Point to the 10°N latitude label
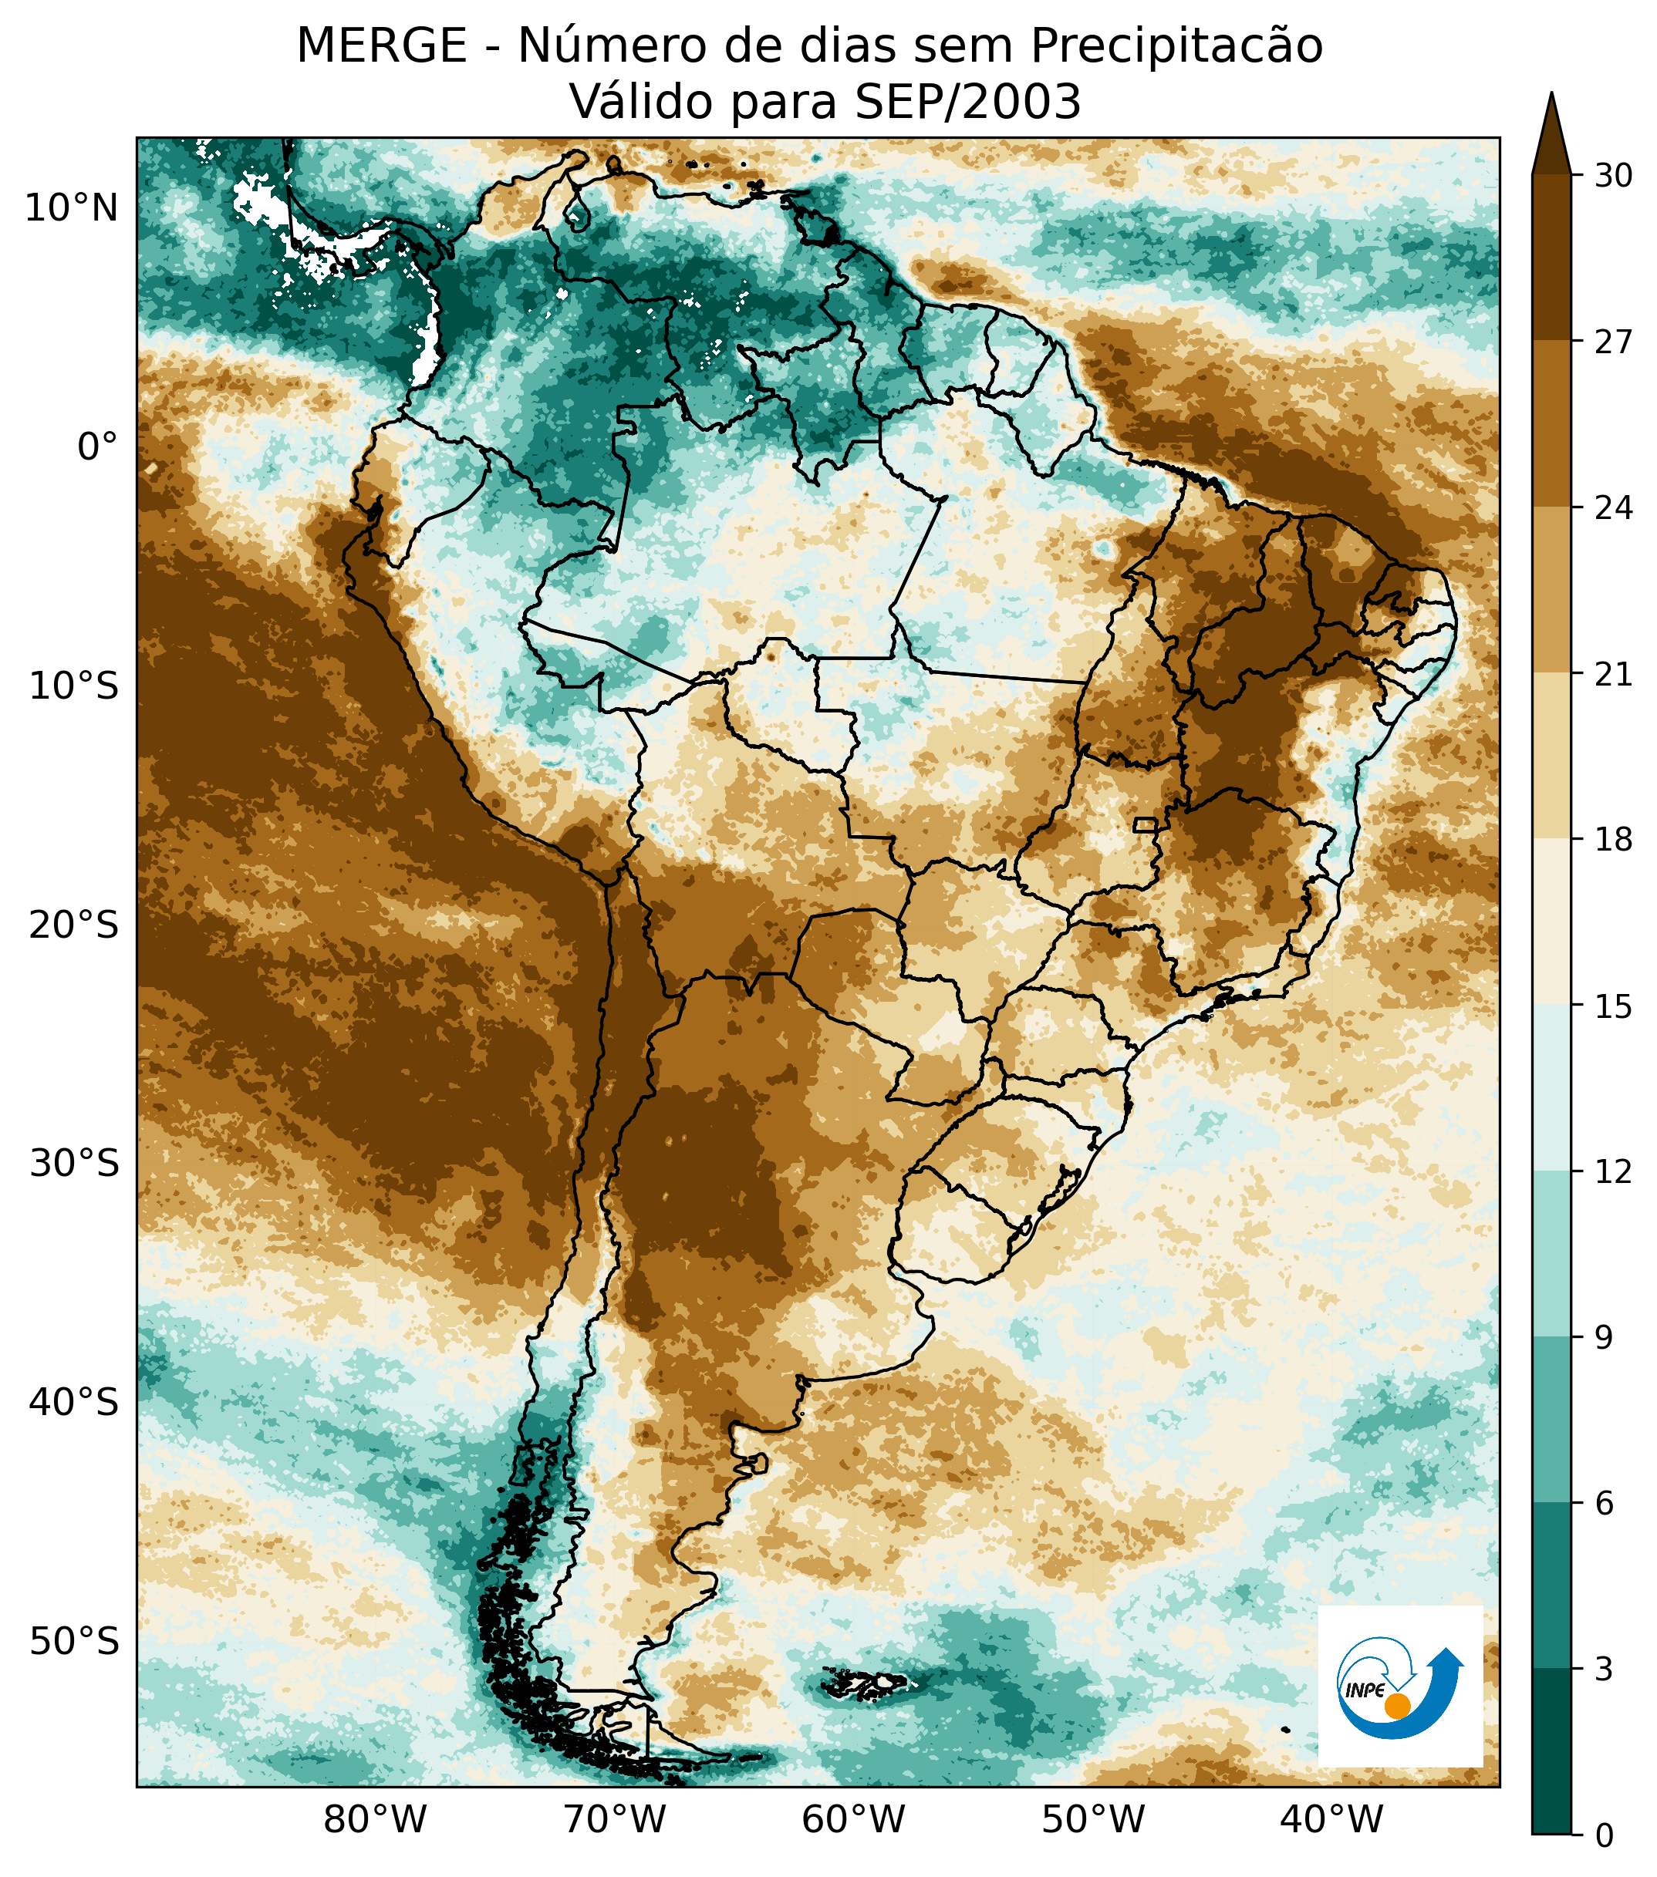[x=72, y=208]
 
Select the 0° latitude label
[x=97, y=447]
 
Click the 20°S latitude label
[x=73, y=925]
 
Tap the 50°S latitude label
[x=73, y=1640]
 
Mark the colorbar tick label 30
[x=1613, y=175]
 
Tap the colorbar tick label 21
[x=1613, y=674]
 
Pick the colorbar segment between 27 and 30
[x=1552, y=257]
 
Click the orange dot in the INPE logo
[x=1397, y=1705]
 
